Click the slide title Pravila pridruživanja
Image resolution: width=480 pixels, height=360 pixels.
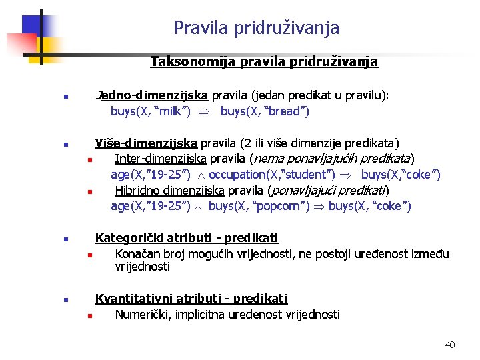click(257, 28)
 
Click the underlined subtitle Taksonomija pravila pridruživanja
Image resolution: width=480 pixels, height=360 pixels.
click(264, 62)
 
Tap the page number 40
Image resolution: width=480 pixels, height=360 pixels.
click(449, 345)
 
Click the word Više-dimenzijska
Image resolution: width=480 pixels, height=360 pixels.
click(146, 143)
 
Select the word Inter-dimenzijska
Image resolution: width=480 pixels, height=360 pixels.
click(161, 159)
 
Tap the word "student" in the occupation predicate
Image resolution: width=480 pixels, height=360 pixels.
click(309, 175)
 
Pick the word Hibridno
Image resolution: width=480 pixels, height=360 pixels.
click(139, 191)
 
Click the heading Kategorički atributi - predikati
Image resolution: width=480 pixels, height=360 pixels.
click(187, 238)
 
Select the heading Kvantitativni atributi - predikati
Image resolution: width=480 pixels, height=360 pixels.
click(191, 298)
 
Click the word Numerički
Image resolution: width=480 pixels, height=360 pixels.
click(143, 314)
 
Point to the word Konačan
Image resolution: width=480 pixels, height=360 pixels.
click(139, 253)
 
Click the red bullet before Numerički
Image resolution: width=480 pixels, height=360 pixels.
click(88, 315)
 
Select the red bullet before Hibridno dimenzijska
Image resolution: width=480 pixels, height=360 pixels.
click(88, 192)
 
